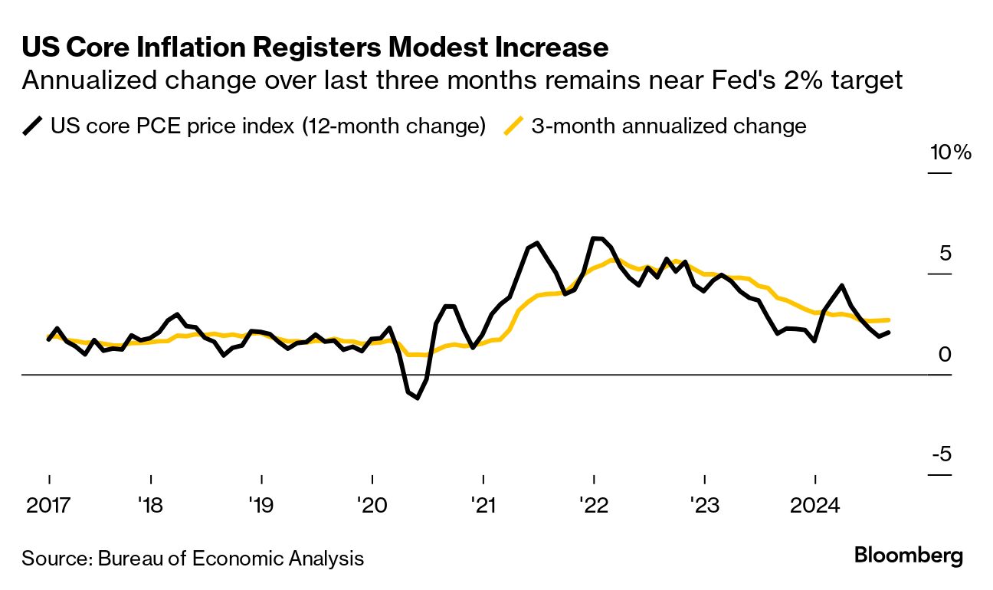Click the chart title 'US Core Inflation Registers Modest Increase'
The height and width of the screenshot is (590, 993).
(x=315, y=48)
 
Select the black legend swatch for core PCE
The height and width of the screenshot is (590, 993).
(x=33, y=126)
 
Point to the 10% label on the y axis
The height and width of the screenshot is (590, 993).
(x=951, y=152)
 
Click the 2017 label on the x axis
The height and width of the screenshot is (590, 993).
(x=48, y=506)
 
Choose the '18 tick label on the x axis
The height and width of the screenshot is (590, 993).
(x=151, y=506)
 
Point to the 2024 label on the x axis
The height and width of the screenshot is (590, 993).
(x=814, y=506)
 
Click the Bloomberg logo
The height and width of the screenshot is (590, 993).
(x=909, y=556)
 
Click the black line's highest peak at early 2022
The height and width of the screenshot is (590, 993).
(x=595, y=238)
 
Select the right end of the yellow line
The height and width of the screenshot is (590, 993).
(x=889, y=320)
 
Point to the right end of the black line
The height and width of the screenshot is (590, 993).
(x=889, y=333)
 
